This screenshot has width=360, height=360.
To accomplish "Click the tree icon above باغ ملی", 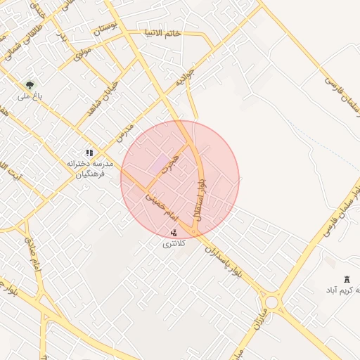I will pos(29,84).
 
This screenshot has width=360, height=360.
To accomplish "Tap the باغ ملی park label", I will pos(32,96).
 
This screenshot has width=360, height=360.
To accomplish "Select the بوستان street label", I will pos(103,28).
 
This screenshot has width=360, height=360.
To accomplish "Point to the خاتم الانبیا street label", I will pos(163,33).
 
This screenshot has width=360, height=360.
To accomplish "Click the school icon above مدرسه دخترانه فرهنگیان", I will pos(89,153).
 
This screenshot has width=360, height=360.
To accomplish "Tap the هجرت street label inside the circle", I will pos(169,163).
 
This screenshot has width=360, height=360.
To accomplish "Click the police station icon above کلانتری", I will pos(174,233).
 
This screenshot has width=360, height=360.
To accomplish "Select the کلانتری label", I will pos(174,243).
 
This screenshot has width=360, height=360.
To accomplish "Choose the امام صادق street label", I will pos(33,253).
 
